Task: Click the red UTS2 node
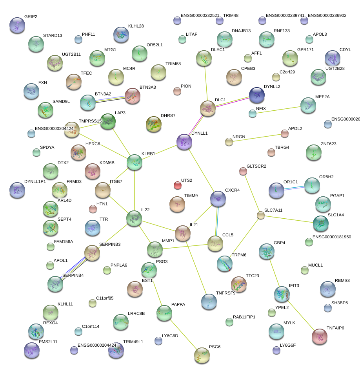coord(177,185)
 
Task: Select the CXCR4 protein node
coord(218,199)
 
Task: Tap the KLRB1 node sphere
coord(135,162)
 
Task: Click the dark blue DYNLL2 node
coord(257,95)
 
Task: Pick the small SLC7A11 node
coord(261,215)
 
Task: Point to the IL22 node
coord(134,218)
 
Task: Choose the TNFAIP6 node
coord(319,336)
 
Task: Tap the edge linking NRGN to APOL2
coord(257,138)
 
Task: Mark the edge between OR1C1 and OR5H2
coord(294,188)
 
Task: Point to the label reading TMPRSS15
coord(90,121)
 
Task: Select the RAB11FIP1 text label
coord(244,316)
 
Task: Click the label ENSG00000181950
coord(331,237)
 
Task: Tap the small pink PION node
coord(177,91)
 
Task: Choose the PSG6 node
coord(202,355)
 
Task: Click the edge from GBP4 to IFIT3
coord(274,272)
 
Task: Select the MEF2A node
coord(308,104)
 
